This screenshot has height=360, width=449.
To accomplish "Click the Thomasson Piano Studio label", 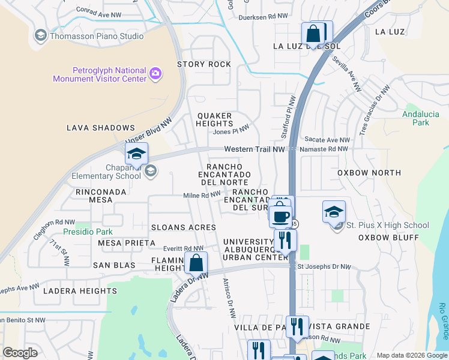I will pos(95,36).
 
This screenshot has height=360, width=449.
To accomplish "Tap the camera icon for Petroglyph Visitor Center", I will pos(155,74).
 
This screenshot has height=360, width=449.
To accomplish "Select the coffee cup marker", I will pos(281,215).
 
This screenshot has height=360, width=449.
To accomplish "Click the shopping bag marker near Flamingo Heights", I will pos(196,263).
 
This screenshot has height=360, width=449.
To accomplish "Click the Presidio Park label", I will pos(88,231).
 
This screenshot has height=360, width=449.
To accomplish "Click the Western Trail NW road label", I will pos(255,149).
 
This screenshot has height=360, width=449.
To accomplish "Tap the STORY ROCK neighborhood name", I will pos(203,64).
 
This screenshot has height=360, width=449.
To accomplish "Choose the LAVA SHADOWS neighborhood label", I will pos(101,128).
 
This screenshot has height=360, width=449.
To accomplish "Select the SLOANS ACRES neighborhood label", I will pos(183,227).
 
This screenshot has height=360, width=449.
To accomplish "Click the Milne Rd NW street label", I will pos(202,195).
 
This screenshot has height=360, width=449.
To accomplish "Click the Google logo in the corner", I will pos(20,353).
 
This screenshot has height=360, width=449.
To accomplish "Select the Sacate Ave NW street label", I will pos(322,139).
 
